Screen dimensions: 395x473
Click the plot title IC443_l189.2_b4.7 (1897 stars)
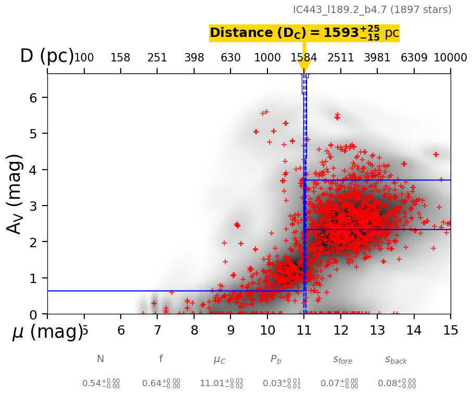click(x=372, y=10)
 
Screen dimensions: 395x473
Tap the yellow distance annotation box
click(x=304, y=33)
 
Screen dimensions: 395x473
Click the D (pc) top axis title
click(x=47, y=56)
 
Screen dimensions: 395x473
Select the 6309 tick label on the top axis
click(x=414, y=58)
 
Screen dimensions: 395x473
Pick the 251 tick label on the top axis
click(x=157, y=58)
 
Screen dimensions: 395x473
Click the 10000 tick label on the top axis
click(x=450, y=58)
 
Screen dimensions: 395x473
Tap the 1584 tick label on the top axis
click(x=304, y=58)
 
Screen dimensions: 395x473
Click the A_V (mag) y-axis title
click(x=15, y=194)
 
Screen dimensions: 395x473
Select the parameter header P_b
click(x=276, y=360)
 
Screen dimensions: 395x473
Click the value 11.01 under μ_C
click(x=221, y=384)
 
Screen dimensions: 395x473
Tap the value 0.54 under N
click(x=101, y=384)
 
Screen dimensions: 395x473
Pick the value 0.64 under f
click(x=161, y=384)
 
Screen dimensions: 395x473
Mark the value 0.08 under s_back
click(x=397, y=384)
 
